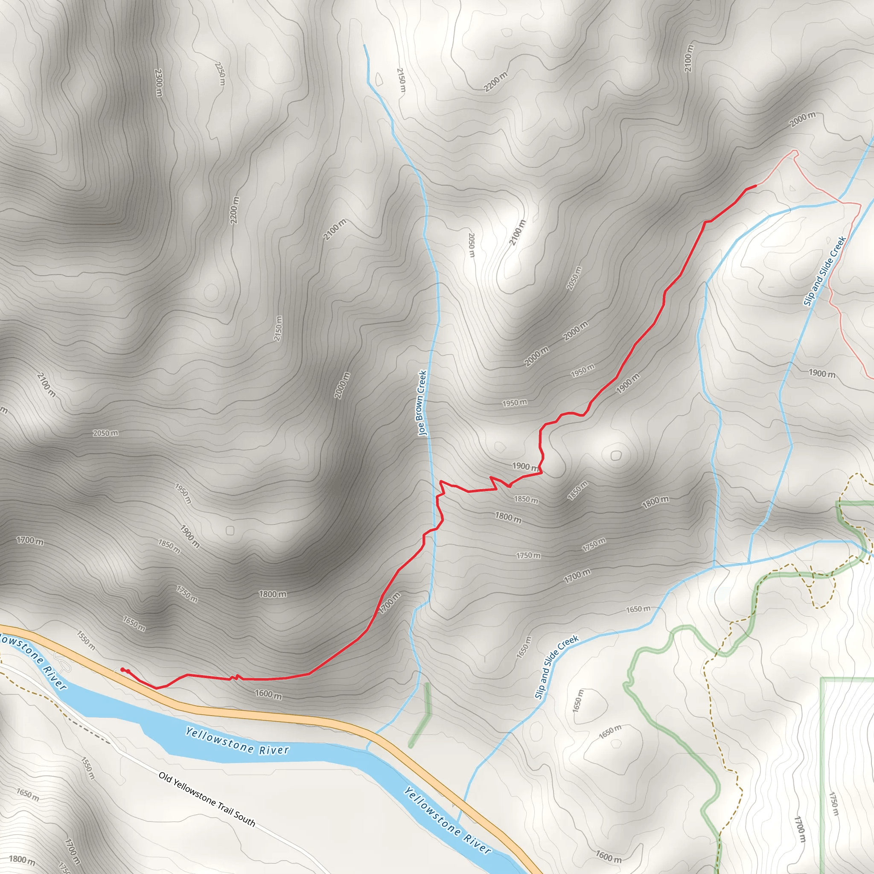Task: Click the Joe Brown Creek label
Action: point(422,403)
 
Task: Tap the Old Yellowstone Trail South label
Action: point(207,799)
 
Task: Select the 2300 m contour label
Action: point(158,82)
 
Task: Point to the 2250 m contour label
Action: point(220,73)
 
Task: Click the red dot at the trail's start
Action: point(122,670)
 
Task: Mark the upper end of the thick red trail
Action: point(755,186)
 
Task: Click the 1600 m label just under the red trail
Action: point(268,694)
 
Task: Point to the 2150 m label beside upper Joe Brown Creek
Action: point(401,80)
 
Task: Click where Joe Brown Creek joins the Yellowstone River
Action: point(367,747)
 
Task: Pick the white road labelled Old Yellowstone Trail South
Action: point(136,760)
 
